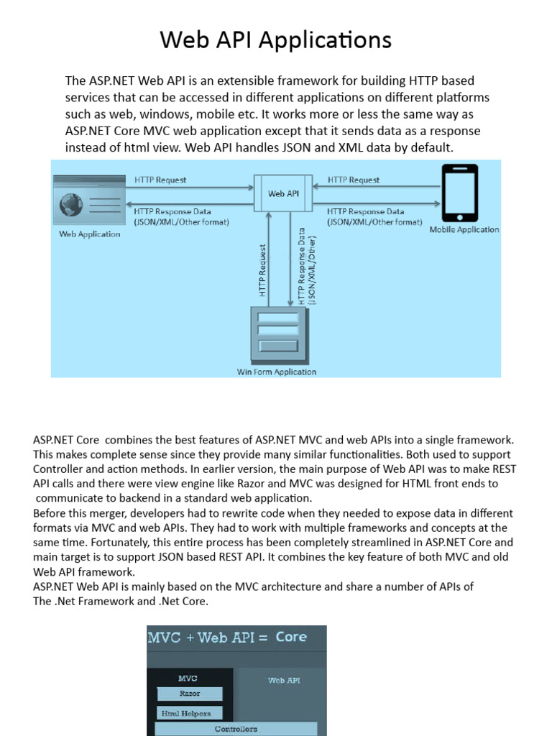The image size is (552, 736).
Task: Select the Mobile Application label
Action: [x=464, y=230]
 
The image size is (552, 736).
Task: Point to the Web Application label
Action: [x=90, y=234]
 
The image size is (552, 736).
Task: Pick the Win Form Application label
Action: [x=277, y=372]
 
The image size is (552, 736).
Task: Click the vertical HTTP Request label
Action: [x=263, y=270]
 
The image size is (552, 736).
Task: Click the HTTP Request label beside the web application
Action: [x=160, y=180]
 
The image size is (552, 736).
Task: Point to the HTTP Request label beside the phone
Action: [x=354, y=180]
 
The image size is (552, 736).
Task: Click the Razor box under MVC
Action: [x=190, y=694]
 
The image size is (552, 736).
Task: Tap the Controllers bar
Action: [x=236, y=729]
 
